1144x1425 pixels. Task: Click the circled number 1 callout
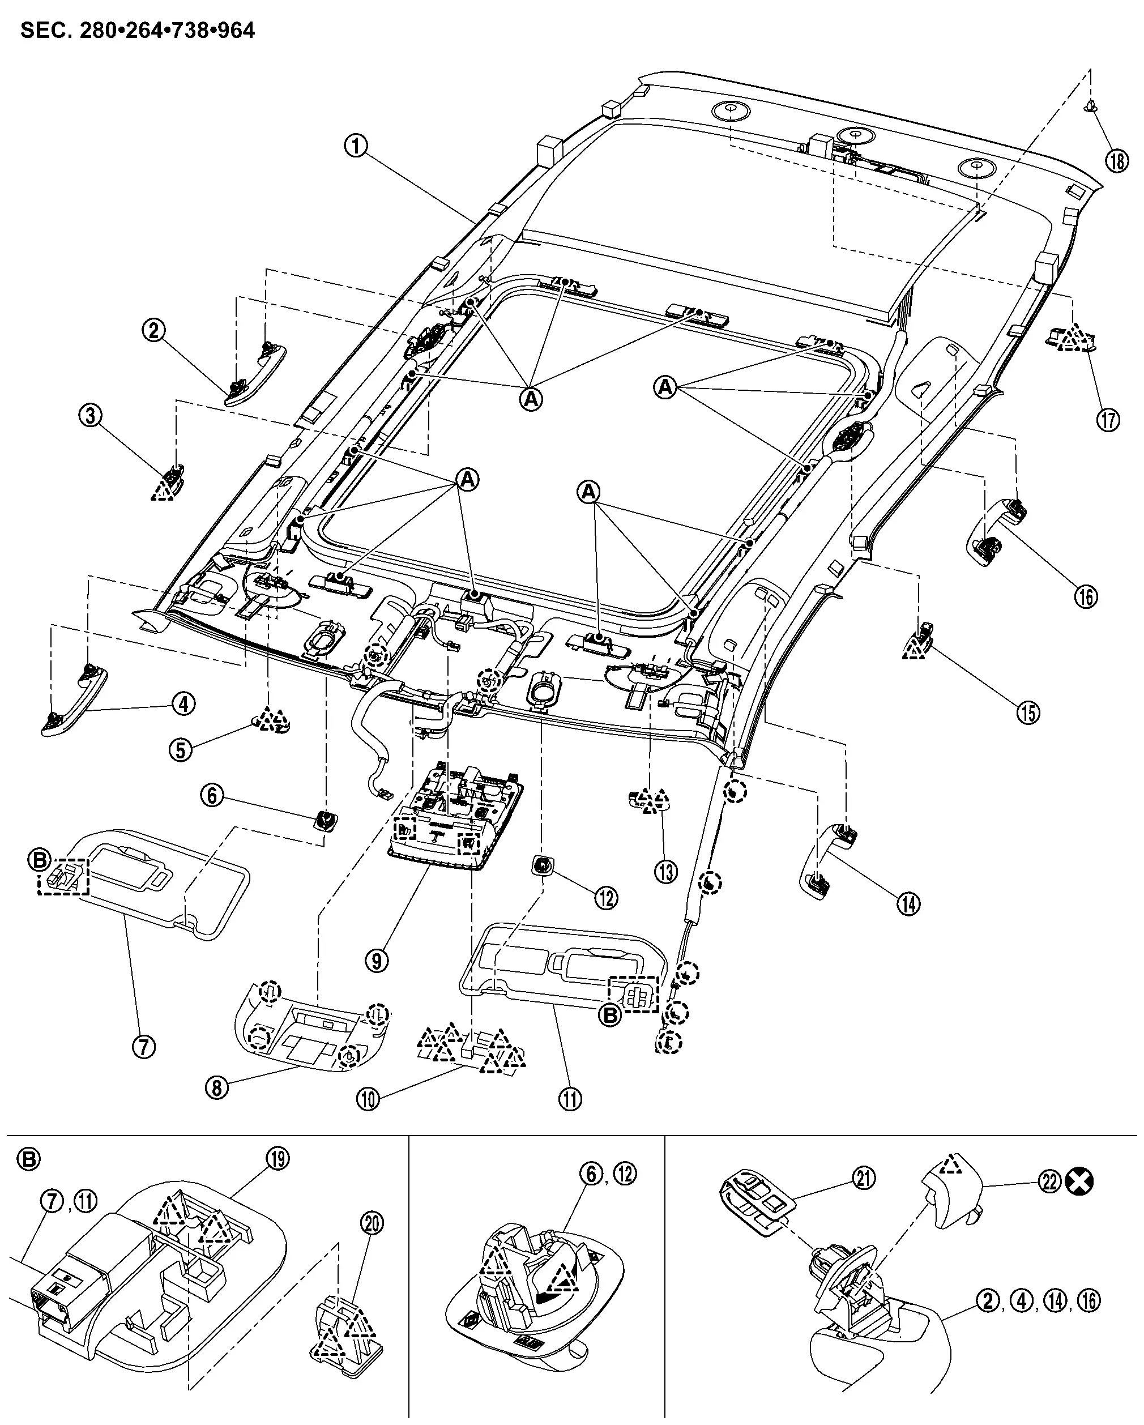(x=356, y=146)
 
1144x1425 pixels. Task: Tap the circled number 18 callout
(x=1117, y=161)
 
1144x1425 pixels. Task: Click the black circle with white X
(x=1080, y=1182)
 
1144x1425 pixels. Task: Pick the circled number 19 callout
(x=278, y=1159)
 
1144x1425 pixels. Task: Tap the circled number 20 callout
(x=373, y=1224)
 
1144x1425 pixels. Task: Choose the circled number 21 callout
(x=864, y=1179)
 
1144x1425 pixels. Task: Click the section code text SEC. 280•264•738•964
(x=138, y=31)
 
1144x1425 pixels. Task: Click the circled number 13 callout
(x=665, y=872)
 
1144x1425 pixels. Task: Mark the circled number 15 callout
(x=1028, y=712)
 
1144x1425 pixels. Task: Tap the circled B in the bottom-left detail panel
(x=31, y=1159)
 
